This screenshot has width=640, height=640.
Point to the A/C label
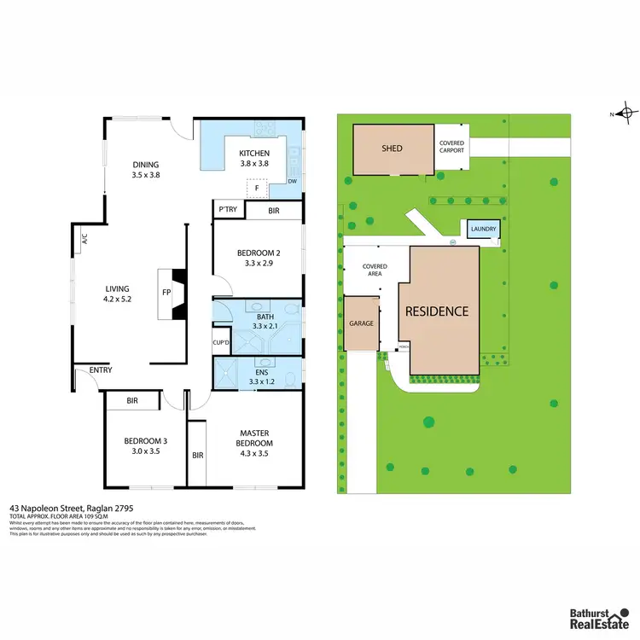(84, 241)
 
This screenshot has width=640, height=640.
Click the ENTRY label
(101, 369)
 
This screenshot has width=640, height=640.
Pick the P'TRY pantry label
(227, 209)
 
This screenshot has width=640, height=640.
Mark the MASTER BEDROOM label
(255, 439)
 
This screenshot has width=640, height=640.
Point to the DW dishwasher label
(292, 182)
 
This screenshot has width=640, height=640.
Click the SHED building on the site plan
(392, 149)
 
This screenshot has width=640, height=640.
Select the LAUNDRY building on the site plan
(482, 230)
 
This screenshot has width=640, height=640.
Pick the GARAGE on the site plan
(360, 323)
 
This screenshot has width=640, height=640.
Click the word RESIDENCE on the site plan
(437, 311)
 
